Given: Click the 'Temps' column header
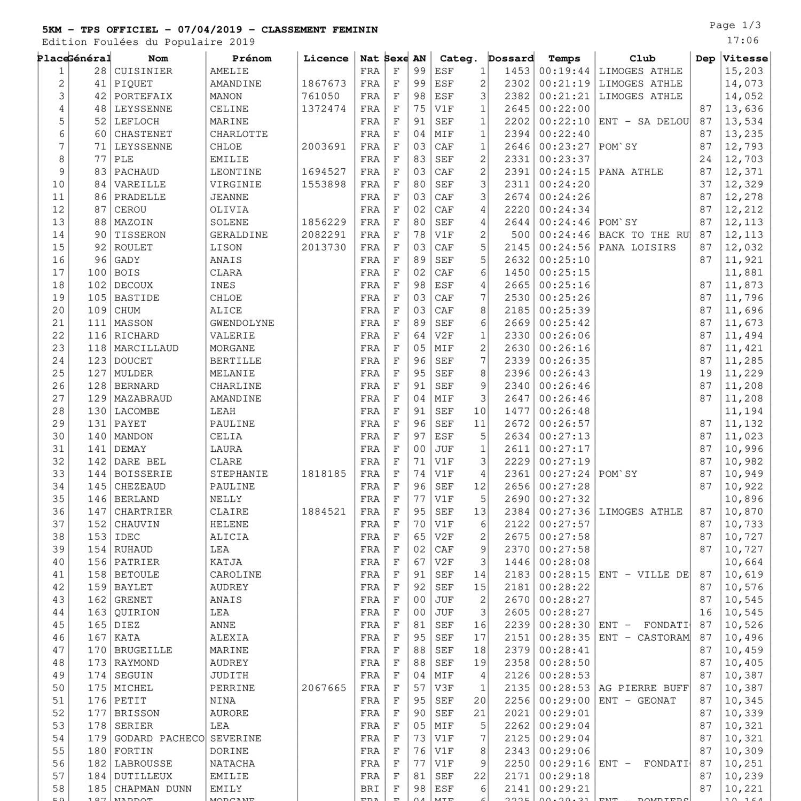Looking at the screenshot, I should [x=564, y=59].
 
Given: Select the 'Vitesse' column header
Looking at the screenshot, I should [x=745, y=59].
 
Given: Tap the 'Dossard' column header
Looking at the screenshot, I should [x=511, y=59].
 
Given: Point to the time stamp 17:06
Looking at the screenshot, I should [x=742, y=41].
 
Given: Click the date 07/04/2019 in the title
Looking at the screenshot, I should [x=209, y=30].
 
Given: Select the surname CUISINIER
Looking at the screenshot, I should [x=143, y=72].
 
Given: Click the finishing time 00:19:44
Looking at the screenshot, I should [x=564, y=72].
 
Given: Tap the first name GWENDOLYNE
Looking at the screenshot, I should [x=242, y=323].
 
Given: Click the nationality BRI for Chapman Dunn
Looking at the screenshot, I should [x=370, y=789].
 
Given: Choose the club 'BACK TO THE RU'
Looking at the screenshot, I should [x=643, y=235].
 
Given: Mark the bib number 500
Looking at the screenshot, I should [x=520, y=235].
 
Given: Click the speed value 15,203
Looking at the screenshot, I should [x=744, y=72].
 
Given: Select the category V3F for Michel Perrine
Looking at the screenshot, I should [x=444, y=688].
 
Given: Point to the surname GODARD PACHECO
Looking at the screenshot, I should [x=159, y=739].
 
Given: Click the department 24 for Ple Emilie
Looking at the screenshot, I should [x=705, y=160].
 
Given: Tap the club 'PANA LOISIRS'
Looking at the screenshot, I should [x=637, y=248].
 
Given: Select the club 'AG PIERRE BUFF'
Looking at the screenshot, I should [x=643, y=688].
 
